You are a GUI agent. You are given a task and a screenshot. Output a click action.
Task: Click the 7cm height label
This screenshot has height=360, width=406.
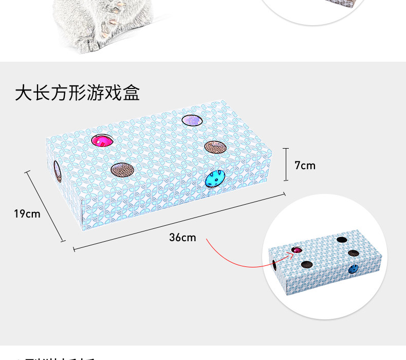coord(305,166)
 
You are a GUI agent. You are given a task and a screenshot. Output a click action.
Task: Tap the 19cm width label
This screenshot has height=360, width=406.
coord(27,213)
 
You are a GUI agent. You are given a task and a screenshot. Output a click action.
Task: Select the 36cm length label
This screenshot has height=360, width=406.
coord(182,238)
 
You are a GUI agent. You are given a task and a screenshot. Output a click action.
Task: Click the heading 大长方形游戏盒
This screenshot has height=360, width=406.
coord(77,93)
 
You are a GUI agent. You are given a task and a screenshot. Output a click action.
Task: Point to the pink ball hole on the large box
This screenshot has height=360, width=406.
coord(101,140)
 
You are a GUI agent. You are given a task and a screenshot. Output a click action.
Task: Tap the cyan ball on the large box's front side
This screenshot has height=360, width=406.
coord(214,178)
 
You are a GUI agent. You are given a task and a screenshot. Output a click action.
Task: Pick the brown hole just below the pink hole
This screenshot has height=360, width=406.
coord(121,170)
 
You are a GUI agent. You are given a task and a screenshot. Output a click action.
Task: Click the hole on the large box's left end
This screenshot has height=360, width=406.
coord(57,171)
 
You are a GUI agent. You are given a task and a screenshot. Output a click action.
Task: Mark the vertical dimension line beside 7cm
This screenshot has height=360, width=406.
coord(286,165)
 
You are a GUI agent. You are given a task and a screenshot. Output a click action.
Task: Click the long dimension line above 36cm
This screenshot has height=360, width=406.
coord(180,222)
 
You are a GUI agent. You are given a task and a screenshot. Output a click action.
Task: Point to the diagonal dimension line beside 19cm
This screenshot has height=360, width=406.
coord(46,206)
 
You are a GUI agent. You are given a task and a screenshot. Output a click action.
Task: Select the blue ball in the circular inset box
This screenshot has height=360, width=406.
coord(353,268)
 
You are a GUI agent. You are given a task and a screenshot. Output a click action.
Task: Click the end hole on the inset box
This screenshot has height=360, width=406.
coord(275,266)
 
